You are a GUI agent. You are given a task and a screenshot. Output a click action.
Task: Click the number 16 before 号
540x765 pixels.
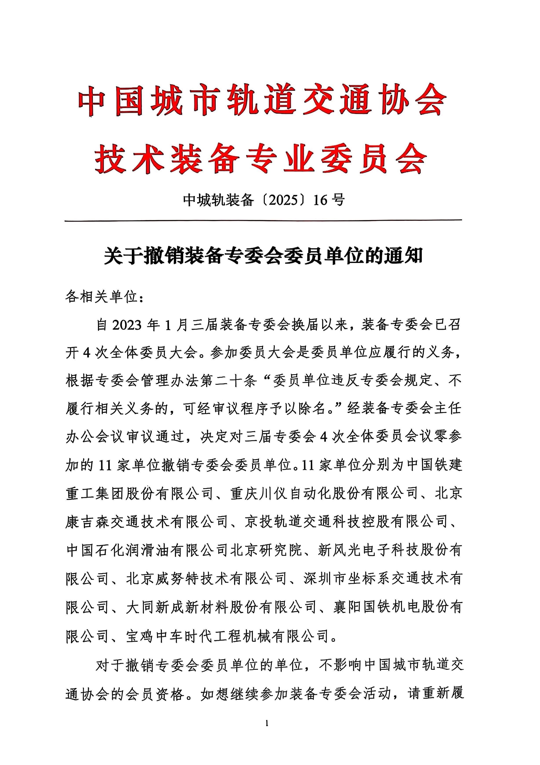tap(321, 200)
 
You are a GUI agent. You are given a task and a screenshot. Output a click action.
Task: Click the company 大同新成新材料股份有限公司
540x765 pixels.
tap(221, 607)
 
